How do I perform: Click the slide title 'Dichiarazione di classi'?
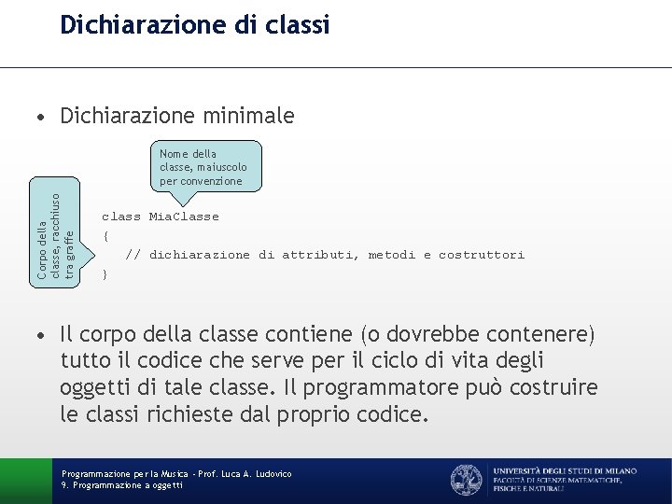pyautogui.click(x=194, y=25)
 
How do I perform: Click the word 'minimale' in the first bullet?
pyautogui.click(x=248, y=117)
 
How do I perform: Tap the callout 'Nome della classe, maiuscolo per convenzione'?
pyautogui.click(x=203, y=167)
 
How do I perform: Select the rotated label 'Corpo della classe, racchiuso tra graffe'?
pyautogui.click(x=47, y=233)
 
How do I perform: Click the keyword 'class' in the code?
pyautogui.click(x=120, y=217)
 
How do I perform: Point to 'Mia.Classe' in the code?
pyautogui.click(x=184, y=217)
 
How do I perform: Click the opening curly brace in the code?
pyautogui.click(x=105, y=235)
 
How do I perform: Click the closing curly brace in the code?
pyautogui.click(x=105, y=273)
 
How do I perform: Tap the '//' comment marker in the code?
pyautogui.click(x=133, y=255)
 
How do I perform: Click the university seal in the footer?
pyautogui.click(x=467, y=479)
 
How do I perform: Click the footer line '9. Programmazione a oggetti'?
pyautogui.click(x=122, y=485)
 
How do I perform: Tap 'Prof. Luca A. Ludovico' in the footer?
pyautogui.click(x=243, y=474)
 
